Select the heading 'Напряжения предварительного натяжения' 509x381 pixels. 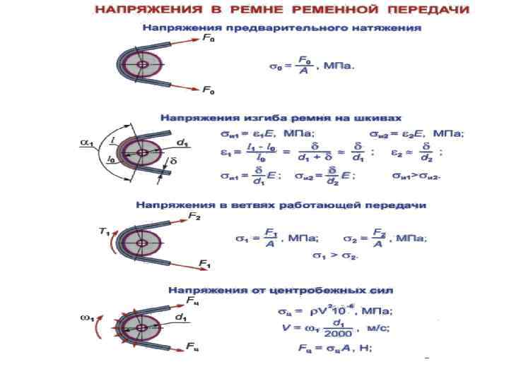pos(282,28)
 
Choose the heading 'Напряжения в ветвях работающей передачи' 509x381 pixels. pos(281,205)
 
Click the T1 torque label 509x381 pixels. pos(104,230)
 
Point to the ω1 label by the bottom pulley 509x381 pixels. pos(87,317)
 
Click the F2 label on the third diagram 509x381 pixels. pos(194,217)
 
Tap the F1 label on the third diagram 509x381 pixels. pos(204,264)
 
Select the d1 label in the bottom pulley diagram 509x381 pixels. pos(182,318)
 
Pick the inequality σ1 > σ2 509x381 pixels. pos(336,255)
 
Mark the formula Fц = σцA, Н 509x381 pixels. pos(331,349)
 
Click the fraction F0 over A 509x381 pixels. pos(304,66)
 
